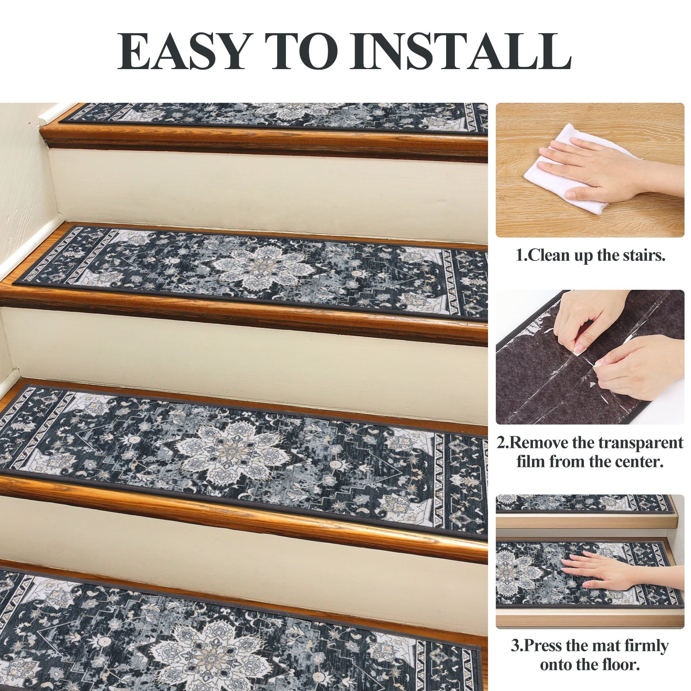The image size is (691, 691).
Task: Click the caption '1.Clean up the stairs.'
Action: pos(590,256)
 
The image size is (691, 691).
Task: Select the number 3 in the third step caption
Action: pos(515,647)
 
